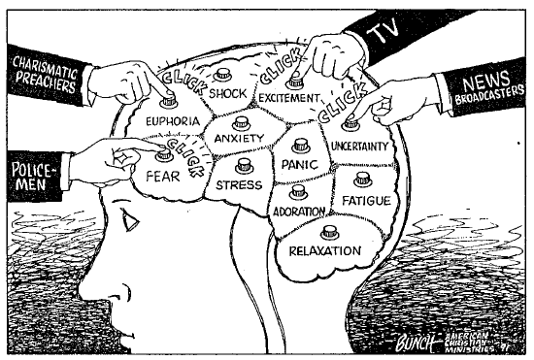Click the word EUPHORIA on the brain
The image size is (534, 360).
[x=172, y=121]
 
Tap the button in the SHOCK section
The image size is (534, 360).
[x=223, y=73]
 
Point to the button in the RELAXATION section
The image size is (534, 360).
[x=329, y=231]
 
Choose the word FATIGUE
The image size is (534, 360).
[x=366, y=200]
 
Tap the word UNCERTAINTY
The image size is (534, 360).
[x=359, y=147]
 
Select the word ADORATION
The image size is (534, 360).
[x=299, y=212]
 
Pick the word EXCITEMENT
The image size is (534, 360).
[x=288, y=97]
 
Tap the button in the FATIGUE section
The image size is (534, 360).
[x=362, y=180]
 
